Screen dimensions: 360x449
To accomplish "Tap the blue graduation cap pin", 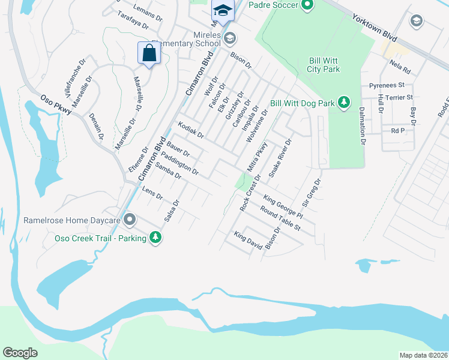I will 222,11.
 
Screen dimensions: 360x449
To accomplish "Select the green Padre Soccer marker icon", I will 307,6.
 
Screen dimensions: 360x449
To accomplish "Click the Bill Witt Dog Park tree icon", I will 344,103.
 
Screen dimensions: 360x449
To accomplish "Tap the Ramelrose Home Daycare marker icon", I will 128,220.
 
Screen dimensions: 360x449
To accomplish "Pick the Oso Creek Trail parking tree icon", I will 156,238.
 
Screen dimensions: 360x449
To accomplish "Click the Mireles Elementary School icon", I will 229,39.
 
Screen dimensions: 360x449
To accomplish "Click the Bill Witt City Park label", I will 324,65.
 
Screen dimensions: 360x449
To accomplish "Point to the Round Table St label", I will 280,219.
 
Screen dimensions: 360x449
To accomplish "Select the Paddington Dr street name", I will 180,163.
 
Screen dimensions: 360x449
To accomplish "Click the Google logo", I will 20,353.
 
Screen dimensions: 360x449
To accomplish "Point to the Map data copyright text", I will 423,355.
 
